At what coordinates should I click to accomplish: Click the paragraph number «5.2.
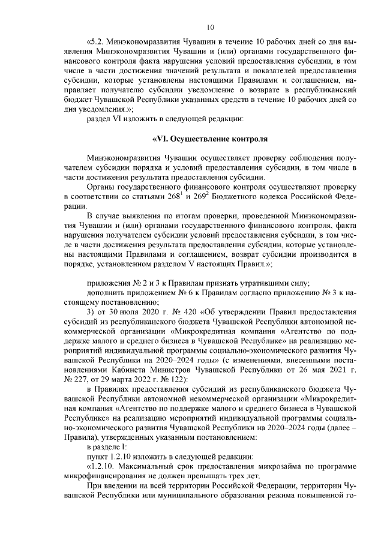[x=97, y=42]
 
